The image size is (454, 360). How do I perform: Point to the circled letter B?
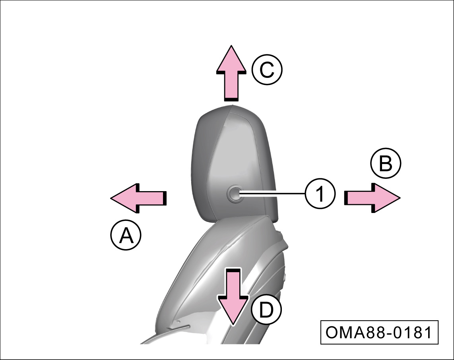[386, 164]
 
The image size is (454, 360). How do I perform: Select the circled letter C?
[267, 71]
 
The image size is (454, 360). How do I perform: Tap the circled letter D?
[266, 310]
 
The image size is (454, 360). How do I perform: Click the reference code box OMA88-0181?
[379, 333]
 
